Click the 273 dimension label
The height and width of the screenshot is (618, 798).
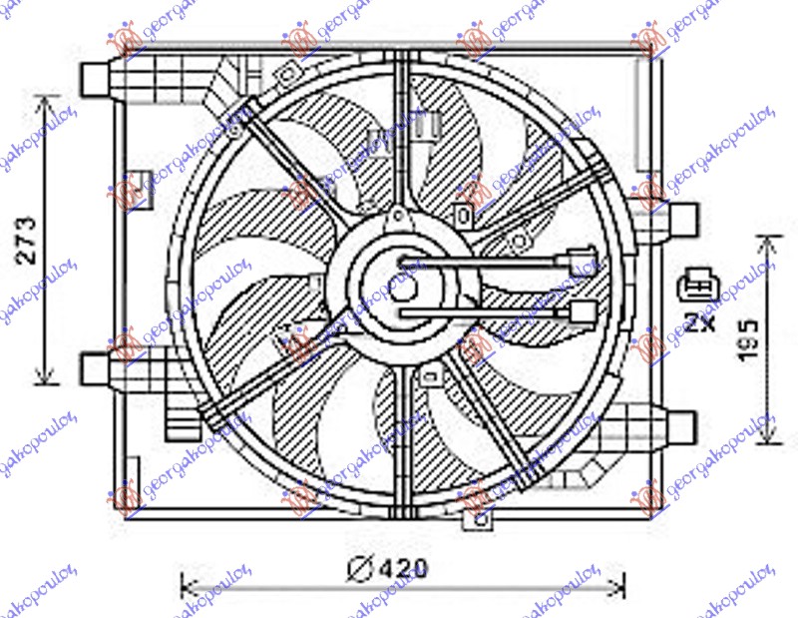(29, 239)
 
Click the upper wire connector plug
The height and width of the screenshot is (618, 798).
(578, 265)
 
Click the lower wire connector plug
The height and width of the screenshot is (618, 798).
(581, 314)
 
